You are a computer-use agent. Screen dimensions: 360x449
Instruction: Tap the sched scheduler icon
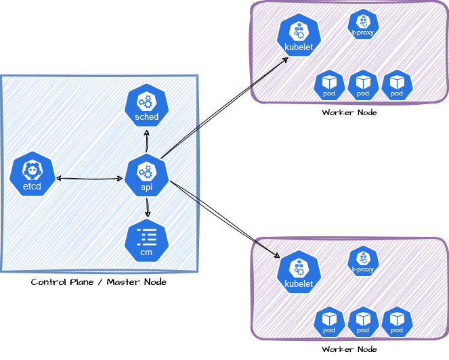pyautogui.click(x=146, y=107)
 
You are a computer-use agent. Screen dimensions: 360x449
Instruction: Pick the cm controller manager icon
pyautogui.click(x=146, y=242)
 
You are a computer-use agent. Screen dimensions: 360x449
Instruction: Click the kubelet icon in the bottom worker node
pyautogui.click(x=298, y=273)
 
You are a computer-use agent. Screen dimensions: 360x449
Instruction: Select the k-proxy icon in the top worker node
pyautogui.click(x=363, y=24)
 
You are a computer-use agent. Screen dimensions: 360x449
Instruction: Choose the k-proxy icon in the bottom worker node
pyautogui.click(x=363, y=261)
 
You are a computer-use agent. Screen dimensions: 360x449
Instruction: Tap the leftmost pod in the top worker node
pyautogui.click(x=330, y=85)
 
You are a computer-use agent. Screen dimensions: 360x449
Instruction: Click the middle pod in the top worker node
pyautogui.click(x=363, y=85)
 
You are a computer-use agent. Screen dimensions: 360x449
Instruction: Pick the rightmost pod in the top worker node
pyautogui.click(x=397, y=85)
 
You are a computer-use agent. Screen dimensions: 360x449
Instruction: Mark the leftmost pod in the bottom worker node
pyautogui.click(x=330, y=322)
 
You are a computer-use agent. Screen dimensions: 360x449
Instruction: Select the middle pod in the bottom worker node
pyautogui.click(x=363, y=322)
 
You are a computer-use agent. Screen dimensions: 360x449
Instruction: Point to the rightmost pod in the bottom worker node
pyautogui.click(x=397, y=322)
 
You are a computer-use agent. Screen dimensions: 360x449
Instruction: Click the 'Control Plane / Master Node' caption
pyautogui.click(x=99, y=282)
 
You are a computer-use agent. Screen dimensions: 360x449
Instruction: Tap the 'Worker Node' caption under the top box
pyautogui.click(x=349, y=112)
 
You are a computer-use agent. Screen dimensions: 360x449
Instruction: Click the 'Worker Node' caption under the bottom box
pyautogui.click(x=349, y=349)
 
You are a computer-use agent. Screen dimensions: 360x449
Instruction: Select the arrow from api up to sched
pyautogui.click(x=147, y=140)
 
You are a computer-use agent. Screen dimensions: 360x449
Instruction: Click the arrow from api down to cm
pyautogui.click(x=147, y=208)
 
